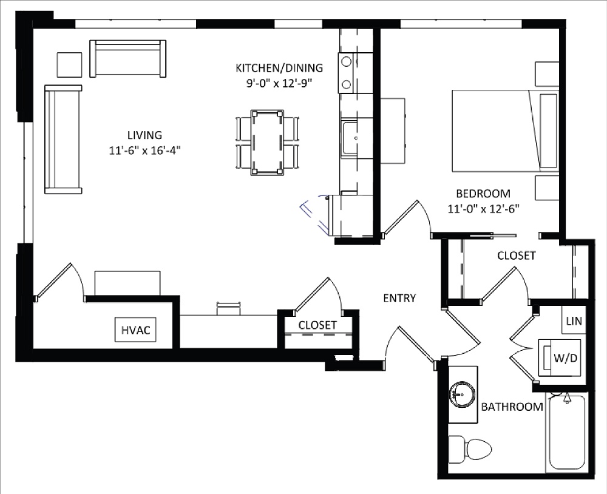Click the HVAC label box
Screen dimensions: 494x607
pyautogui.click(x=135, y=330)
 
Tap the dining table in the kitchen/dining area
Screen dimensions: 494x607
pyautogui.click(x=267, y=141)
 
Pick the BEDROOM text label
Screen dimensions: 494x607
pyautogui.click(x=483, y=194)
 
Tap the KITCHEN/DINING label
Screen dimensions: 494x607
pyautogui.click(x=279, y=68)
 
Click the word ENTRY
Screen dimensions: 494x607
pyautogui.click(x=399, y=298)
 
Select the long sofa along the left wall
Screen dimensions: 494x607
pyautogui.click(x=63, y=140)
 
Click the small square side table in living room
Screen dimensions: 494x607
pyautogui.click(x=69, y=64)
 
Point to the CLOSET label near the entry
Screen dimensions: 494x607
pyautogui.click(x=317, y=326)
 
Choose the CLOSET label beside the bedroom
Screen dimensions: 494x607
pyautogui.click(x=516, y=256)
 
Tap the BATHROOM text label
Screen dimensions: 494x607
pyautogui.click(x=512, y=407)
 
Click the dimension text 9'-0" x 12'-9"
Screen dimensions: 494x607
pyautogui.click(x=279, y=83)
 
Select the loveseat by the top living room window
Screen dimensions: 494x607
pyautogui.click(x=128, y=58)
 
